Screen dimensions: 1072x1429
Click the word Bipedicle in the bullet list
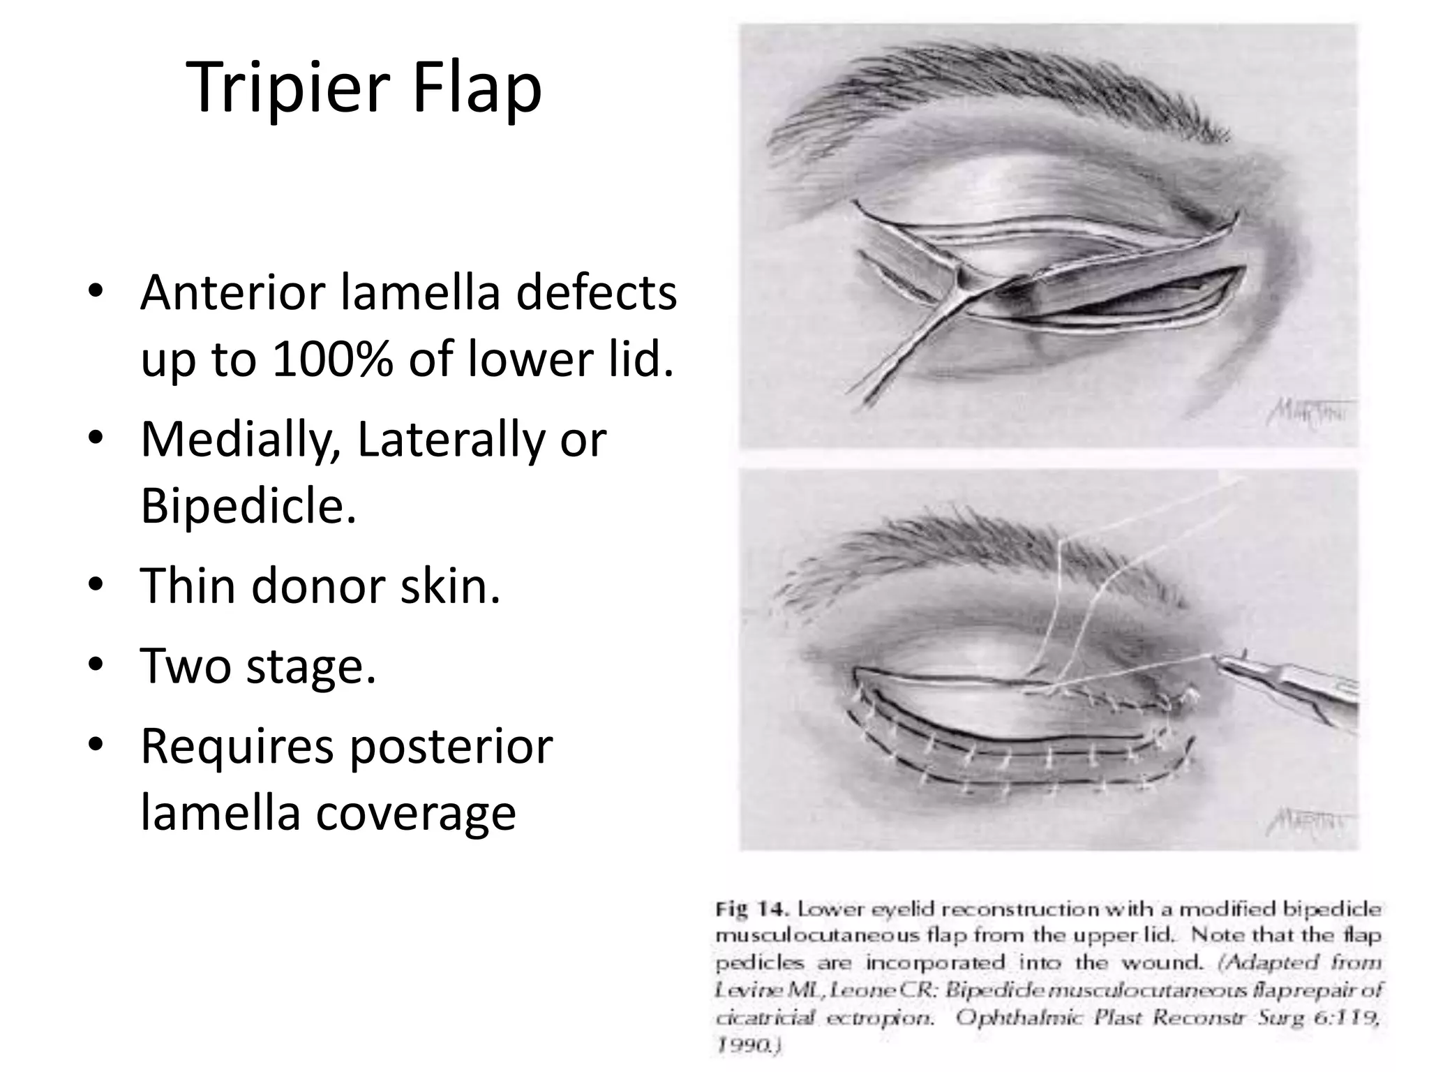click(248, 505)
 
